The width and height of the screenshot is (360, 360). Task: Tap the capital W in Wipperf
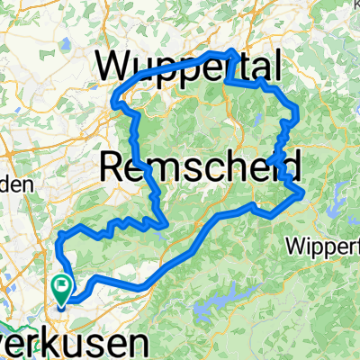tap(293, 246)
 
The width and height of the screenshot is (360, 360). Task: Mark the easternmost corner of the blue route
tap(305, 193)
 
